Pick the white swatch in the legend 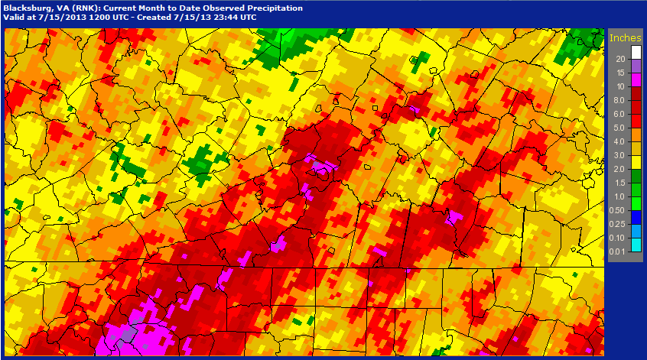pos(636,52)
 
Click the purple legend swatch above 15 pos(636,66)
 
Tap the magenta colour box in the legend pos(636,79)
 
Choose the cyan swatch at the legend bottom pos(636,244)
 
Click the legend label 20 pos(621,59)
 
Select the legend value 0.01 pos(619,251)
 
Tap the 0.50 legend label pos(619,209)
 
